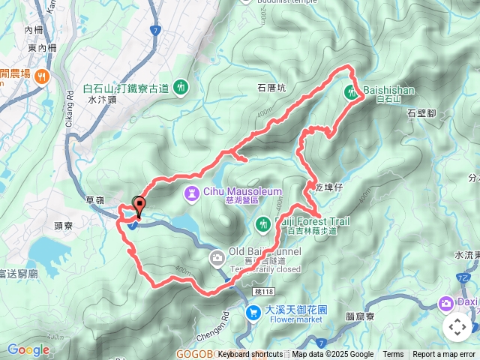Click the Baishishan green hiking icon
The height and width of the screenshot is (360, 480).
coord(351,92)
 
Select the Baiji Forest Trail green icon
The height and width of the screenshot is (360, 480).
coord(263,222)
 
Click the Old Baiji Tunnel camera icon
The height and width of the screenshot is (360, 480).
coord(217,259)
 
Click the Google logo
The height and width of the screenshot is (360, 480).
coord(28,349)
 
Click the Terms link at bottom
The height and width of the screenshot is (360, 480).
coord(393,355)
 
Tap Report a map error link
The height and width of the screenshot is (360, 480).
coord(443,355)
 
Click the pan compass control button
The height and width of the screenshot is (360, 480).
coord(457,327)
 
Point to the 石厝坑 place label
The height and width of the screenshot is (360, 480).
coord(271,87)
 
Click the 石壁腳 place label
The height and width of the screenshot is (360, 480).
coord(421,113)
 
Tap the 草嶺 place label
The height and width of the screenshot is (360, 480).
coord(95,199)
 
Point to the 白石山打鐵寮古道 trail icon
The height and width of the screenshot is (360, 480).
coord(181,88)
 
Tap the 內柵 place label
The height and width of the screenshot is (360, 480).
coord(34,31)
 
